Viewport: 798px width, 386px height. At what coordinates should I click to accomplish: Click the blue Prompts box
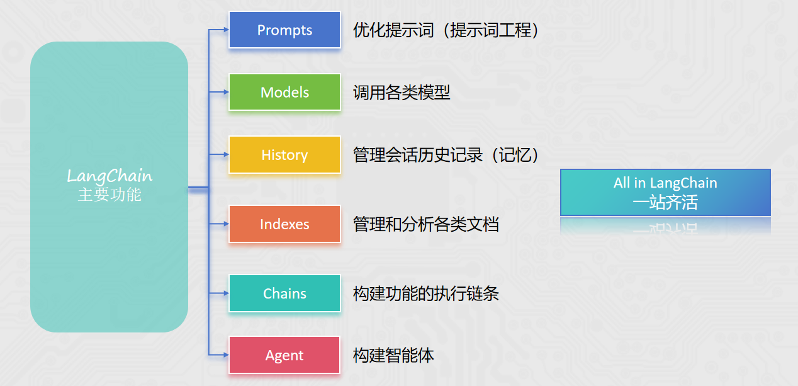tap(284, 30)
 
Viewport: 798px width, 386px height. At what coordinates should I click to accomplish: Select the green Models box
tap(284, 93)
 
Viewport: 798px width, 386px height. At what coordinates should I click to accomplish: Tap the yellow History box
tap(284, 155)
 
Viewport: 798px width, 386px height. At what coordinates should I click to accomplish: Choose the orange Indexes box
tap(284, 224)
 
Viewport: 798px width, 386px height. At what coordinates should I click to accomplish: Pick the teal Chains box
tap(284, 293)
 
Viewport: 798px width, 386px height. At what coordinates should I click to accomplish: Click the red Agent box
tap(284, 355)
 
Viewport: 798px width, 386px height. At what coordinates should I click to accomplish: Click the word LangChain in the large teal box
tap(110, 176)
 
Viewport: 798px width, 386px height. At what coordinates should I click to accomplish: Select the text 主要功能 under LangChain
tap(110, 195)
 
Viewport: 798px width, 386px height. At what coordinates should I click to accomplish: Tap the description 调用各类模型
tap(402, 93)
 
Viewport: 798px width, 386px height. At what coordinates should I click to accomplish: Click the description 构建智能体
tap(393, 356)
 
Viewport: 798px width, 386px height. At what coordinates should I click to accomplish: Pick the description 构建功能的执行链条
tap(426, 294)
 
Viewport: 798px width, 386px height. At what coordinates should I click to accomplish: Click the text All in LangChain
tap(665, 183)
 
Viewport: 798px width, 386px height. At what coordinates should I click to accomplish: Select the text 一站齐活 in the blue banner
tap(665, 202)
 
